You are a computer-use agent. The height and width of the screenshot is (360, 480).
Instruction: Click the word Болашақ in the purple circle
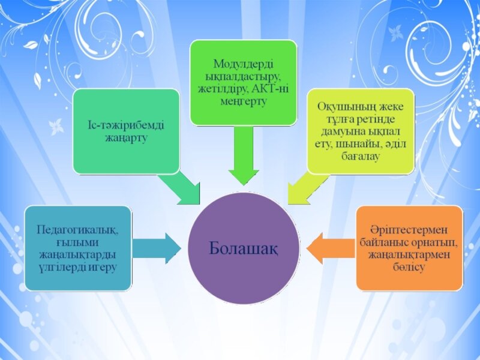tap(244, 248)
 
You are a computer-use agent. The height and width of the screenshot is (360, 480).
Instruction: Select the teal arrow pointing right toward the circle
tap(157, 248)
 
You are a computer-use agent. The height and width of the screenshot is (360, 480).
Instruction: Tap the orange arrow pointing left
tap(331, 248)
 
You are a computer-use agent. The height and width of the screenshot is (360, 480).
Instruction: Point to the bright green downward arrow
tap(244, 155)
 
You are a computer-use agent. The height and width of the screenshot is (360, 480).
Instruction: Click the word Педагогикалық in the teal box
tap(77, 230)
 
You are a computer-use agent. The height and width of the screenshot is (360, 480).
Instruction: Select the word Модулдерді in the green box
tap(244, 64)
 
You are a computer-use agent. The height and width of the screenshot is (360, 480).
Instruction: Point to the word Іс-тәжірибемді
tap(126, 125)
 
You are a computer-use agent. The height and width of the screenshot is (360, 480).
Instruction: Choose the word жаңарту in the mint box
tap(127, 138)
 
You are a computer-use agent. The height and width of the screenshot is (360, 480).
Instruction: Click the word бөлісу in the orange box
tap(409, 267)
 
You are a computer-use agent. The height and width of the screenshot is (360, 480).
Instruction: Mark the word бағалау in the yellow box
tap(361, 157)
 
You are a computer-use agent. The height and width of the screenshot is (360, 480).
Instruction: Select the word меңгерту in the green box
tap(244, 101)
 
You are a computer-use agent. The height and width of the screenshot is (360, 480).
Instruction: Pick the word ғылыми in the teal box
tap(77, 242)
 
